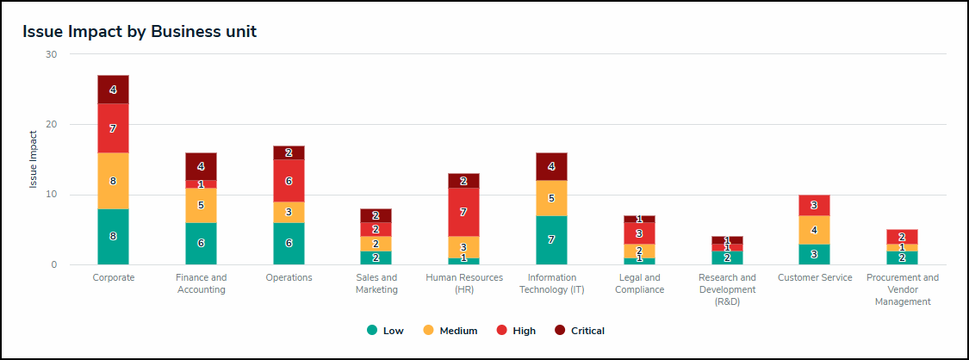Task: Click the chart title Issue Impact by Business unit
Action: pyautogui.click(x=140, y=32)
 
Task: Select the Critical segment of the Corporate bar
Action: pyautogui.click(x=113, y=90)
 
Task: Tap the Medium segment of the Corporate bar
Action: pyautogui.click(x=113, y=181)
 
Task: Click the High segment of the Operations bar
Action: pyautogui.click(x=289, y=181)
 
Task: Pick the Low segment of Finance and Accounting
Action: pyautogui.click(x=201, y=244)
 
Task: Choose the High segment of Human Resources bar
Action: pyautogui.click(x=464, y=212)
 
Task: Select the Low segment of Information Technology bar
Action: pyautogui.click(x=551, y=239)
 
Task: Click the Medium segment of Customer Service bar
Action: pyautogui.click(x=815, y=230)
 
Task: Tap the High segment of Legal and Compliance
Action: pyautogui.click(x=639, y=233)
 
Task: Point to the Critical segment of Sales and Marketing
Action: pyautogui.click(x=376, y=215)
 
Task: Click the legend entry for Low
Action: pyautogui.click(x=385, y=331)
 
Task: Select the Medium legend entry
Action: pyautogui.click(x=450, y=331)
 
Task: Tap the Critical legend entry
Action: pyautogui.click(x=580, y=331)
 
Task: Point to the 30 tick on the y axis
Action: pyautogui.click(x=51, y=54)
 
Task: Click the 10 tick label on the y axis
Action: pyautogui.click(x=51, y=195)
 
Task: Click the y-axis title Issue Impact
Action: pyautogui.click(x=34, y=159)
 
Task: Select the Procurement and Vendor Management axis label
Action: pyautogui.click(x=902, y=289)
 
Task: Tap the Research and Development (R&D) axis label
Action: pyautogui.click(x=727, y=289)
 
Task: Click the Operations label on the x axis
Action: pyautogui.click(x=289, y=277)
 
